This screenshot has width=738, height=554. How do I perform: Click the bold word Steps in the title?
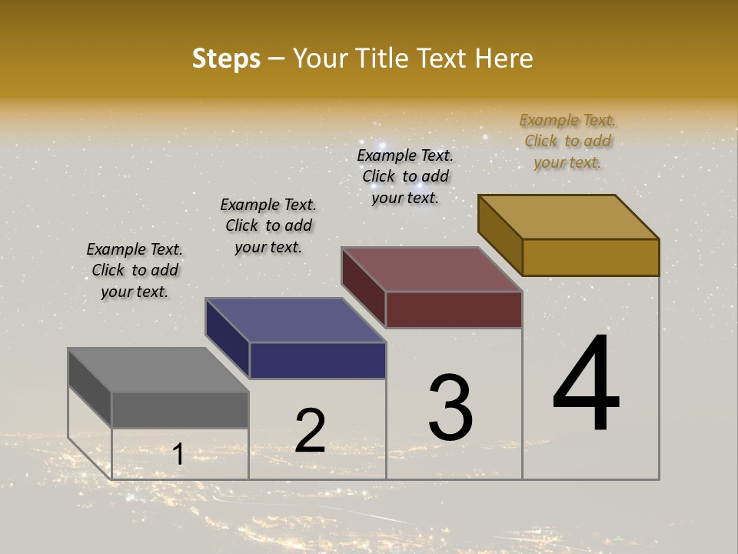click(226, 58)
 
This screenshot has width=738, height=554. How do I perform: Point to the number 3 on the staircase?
click(450, 408)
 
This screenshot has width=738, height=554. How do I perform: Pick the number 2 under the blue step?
click(311, 430)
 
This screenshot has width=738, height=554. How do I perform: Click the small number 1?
click(178, 455)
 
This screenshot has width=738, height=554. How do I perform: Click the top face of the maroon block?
click(432, 269)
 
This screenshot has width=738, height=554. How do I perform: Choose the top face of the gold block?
click(569, 217)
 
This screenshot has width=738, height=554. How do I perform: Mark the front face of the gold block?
click(590, 257)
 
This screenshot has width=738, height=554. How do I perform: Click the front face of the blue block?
click(317, 360)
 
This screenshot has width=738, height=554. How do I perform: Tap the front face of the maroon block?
click(454, 309)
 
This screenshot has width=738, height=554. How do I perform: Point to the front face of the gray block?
click(180, 409)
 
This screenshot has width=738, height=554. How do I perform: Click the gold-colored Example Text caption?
click(567, 141)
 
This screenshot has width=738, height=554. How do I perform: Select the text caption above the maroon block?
click(405, 176)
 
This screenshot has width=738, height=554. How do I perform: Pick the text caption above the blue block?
click(268, 225)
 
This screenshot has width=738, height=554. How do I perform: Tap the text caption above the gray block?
click(135, 270)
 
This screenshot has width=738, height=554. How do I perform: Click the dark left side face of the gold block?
click(500, 235)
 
